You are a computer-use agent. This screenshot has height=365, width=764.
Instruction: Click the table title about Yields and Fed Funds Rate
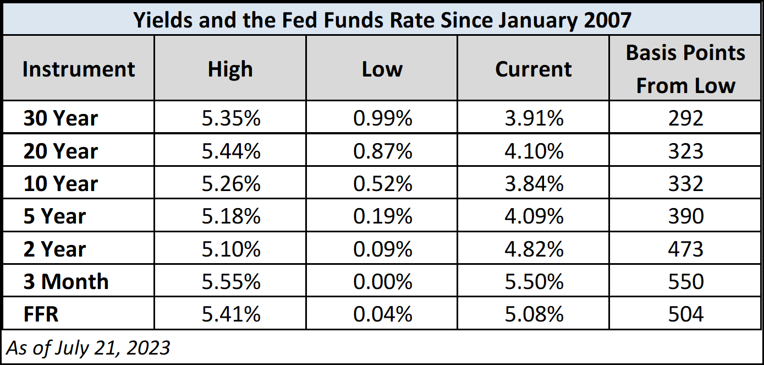(382, 20)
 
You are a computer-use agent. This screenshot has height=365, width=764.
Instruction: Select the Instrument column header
(79, 69)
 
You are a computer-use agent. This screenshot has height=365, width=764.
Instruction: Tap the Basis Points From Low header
(685, 69)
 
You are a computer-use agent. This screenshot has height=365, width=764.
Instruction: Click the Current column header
(533, 69)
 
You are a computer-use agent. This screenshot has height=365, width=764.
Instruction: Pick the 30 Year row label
(61, 118)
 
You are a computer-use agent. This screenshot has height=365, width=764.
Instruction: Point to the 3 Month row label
(66, 281)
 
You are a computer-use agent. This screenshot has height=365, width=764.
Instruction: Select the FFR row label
(41, 314)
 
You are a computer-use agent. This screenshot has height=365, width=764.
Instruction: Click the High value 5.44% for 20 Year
(230, 151)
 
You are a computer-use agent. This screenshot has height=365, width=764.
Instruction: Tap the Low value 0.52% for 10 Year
(382, 183)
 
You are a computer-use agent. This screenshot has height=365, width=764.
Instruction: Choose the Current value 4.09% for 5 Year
(534, 216)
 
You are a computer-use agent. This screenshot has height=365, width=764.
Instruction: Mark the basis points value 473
(685, 249)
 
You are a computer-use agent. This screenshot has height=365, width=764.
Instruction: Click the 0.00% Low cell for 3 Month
(382, 281)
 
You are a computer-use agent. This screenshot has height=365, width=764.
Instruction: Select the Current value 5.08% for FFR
(534, 314)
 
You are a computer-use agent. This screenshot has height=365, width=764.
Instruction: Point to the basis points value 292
(685, 118)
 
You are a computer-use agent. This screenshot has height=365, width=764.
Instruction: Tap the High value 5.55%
(230, 281)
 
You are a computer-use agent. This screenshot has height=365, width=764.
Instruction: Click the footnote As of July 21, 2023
(88, 347)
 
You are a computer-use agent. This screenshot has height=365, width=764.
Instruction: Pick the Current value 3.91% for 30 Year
(534, 118)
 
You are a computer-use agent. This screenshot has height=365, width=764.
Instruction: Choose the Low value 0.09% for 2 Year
(382, 249)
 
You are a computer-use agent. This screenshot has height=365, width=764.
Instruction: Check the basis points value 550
(685, 281)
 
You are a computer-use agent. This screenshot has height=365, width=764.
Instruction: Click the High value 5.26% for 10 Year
(230, 183)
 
